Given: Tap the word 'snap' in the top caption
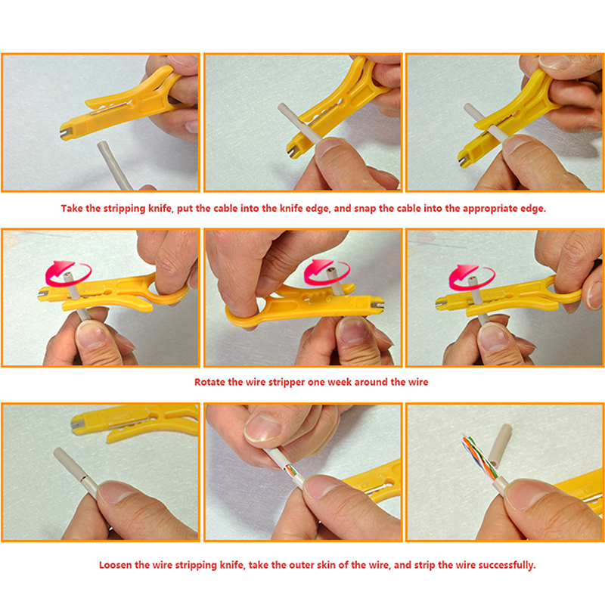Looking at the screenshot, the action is click(365, 209).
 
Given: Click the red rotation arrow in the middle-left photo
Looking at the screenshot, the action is click(68, 273).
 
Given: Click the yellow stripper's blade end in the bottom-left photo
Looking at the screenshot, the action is click(76, 424).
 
